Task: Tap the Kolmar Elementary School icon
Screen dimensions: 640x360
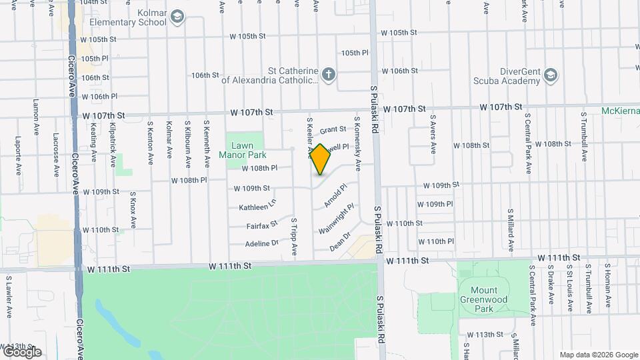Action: click(x=177, y=17)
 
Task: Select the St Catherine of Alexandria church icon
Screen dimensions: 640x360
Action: click(x=329, y=74)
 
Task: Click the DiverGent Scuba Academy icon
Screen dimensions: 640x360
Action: click(x=551, y=74)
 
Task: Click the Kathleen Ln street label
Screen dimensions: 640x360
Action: click(x=257, y=207)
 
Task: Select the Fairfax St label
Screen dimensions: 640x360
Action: click(x=261, y=226)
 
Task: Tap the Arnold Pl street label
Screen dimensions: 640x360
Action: click(x=335, y=195)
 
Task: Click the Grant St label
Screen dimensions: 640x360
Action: click(x=333, y=129)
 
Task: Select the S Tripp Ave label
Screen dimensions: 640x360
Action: click(x=293, y=237)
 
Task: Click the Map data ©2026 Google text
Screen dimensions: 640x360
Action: click(x=599, y=355)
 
